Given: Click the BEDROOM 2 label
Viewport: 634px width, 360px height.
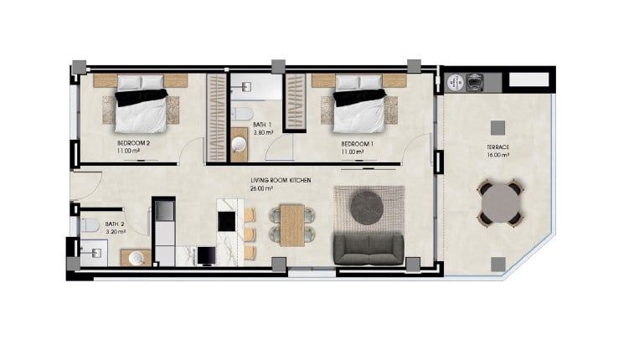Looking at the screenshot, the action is click(134, 143).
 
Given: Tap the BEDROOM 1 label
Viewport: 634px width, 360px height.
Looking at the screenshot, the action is click(357, 144).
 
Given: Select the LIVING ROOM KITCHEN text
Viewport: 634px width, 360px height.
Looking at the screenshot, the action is click(281, 180).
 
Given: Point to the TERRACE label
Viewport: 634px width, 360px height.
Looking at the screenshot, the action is click(497, 147).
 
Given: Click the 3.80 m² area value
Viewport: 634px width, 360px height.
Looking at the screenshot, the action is click(263, 132).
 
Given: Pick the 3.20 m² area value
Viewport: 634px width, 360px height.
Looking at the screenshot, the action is click(116, 232).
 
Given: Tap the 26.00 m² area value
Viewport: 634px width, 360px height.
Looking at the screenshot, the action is click(261, 188).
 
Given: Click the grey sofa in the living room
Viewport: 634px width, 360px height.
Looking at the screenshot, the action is click(369, 249).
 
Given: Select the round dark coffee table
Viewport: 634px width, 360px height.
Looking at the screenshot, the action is click(367, 207).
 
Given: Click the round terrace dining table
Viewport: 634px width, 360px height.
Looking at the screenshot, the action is click(500, 203).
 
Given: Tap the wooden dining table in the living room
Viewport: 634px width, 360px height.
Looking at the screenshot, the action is click(292, 225).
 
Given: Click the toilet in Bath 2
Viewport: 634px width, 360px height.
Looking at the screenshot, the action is click(90, 225).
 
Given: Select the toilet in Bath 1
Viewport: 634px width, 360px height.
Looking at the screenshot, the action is click(242, 114).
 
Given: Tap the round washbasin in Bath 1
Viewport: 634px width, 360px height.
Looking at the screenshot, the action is click(240, 144).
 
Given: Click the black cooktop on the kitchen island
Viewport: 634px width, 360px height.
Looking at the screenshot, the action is click(226, 221).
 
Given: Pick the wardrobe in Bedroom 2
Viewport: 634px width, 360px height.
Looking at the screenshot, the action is click(216, 118).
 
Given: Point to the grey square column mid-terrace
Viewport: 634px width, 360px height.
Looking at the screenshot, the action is click(497, 128).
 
